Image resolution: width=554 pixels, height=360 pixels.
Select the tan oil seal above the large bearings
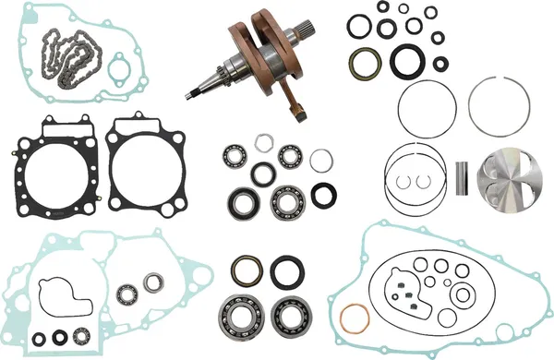coord(247,270)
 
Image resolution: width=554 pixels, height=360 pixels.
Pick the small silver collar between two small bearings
coord(263,142)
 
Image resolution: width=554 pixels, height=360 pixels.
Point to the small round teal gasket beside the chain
coord(117,70)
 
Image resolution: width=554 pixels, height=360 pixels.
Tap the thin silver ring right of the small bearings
coord(320,161)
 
